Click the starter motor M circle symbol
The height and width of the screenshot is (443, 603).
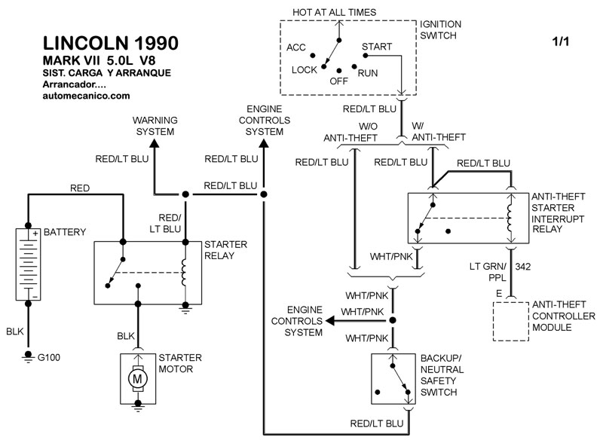[138, 379]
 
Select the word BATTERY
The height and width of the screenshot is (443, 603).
[65, 231]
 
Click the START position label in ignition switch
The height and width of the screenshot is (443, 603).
[376, 47]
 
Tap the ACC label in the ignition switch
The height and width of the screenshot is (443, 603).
[296, 47]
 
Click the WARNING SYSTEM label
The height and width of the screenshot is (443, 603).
[154, 126]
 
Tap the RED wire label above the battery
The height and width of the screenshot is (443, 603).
[81, 187]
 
